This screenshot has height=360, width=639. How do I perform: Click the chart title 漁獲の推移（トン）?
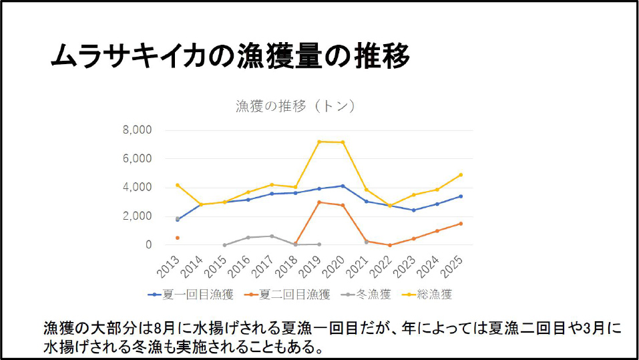coord(294,106)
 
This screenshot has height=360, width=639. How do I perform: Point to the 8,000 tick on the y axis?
coord(138,130)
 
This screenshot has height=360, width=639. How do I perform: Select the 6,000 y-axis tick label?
coord(138,159)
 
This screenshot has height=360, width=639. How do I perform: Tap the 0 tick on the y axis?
coord(149,245)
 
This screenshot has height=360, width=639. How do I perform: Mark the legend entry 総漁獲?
coord(429,294)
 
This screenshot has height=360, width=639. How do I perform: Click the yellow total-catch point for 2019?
coord(319,142)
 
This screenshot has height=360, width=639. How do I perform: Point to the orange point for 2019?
coord(319,202)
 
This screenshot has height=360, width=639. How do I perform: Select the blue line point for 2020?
coord(343,186)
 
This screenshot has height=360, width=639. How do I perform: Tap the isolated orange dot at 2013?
coord(177,238)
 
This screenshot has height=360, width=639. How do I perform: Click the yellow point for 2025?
coord(461,175)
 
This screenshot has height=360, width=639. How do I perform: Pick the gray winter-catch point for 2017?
coord(272,236)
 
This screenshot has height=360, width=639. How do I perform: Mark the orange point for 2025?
coord(461,224)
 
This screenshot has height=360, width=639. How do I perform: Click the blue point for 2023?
coord(413,210)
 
